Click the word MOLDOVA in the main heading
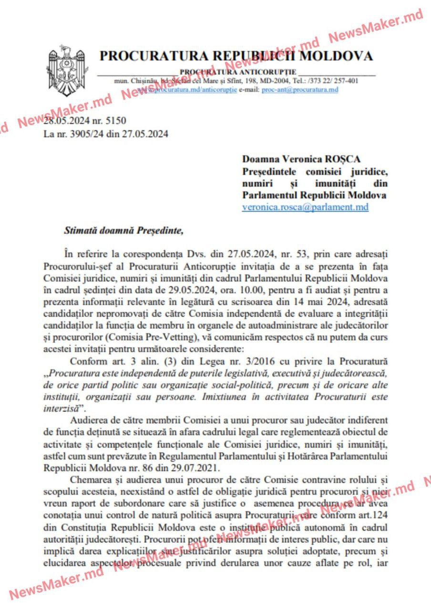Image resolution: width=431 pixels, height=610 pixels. click(x=337, y=56)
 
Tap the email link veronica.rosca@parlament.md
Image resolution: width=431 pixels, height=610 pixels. click(x=305, y=207)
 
